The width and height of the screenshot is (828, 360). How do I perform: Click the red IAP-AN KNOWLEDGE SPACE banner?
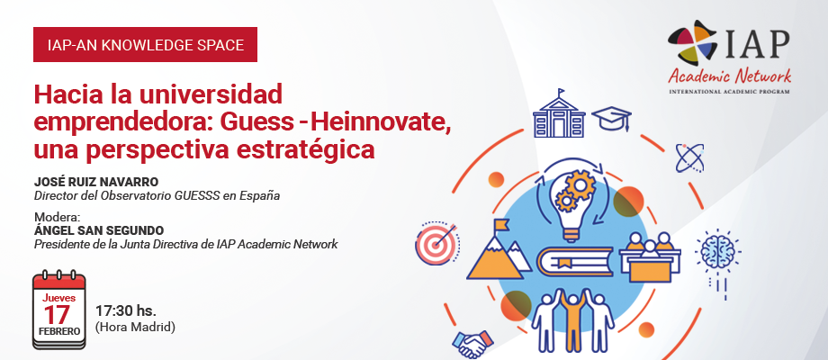[x=145, y=44]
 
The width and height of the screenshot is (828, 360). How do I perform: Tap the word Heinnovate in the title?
[x=379, y=122]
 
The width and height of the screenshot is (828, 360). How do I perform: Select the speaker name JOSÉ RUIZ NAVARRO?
[x=96, y=182]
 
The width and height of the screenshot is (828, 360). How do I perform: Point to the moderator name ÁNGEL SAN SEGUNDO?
[x=99, y=230]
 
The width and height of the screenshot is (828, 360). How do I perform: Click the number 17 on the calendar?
[x=57, y=315]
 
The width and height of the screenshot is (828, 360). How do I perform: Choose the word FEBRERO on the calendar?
[x=59, y=331]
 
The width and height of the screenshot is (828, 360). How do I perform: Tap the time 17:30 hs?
[x=126, y=310]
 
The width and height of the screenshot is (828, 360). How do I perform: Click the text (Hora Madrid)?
[x=135, y=328]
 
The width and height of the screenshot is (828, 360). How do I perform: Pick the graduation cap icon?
[x=612, y=119]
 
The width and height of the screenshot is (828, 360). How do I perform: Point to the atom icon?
[x=689, y=157]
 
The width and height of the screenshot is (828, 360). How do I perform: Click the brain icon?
[x=717, y=252]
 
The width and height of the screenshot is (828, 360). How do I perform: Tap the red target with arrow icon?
[x=437, y=243]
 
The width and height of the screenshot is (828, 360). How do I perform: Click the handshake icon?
[x=472, y=345]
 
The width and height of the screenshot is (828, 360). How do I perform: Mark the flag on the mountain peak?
[x=500, y=225]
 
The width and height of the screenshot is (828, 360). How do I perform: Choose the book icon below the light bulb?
[x=574, y=261]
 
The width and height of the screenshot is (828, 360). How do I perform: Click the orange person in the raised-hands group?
[x=572, y=318]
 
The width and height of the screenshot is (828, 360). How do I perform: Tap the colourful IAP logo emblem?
[x=693, y=43]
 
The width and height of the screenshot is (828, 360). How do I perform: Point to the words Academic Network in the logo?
[x=729, y=76]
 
